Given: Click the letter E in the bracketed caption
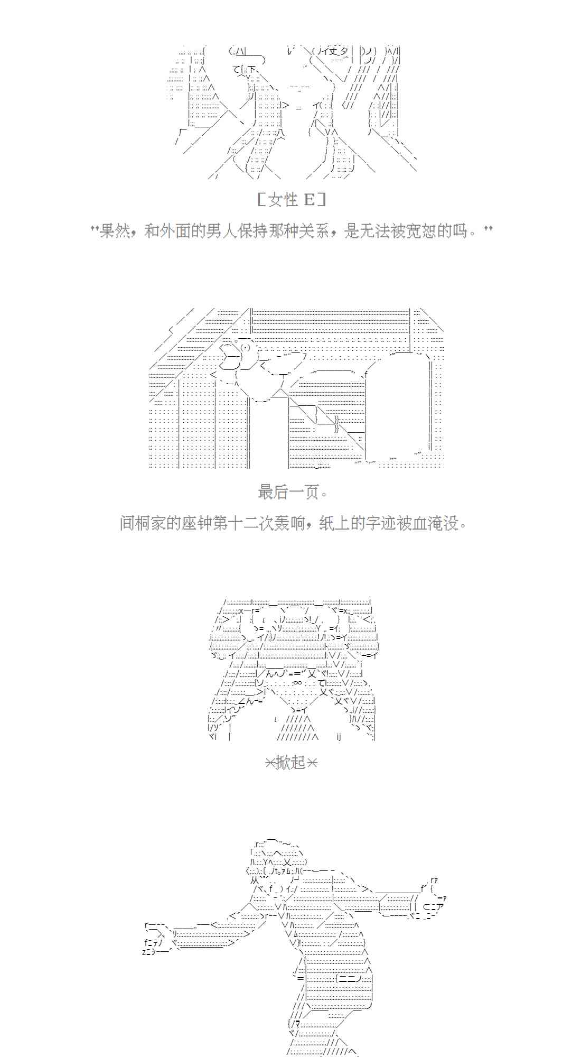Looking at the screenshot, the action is point(309,200).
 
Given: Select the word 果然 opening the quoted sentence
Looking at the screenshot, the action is point(115,230).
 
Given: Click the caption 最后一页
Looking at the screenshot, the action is point(289,492).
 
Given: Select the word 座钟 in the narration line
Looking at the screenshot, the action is point(198,524).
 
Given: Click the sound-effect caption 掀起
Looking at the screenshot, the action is point(290,763).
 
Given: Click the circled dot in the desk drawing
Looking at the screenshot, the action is point(246,348).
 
